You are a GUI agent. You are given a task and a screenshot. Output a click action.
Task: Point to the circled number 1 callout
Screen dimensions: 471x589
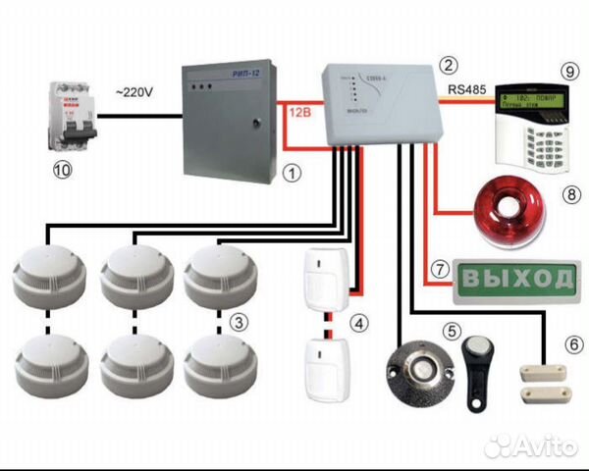coord(292,172)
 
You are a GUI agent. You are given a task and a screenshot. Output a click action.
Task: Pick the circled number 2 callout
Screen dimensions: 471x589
coord(449,66)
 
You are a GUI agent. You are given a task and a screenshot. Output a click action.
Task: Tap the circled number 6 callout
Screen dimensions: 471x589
coord(573,344)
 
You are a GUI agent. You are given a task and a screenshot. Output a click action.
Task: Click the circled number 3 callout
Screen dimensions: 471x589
coord(237,321)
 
